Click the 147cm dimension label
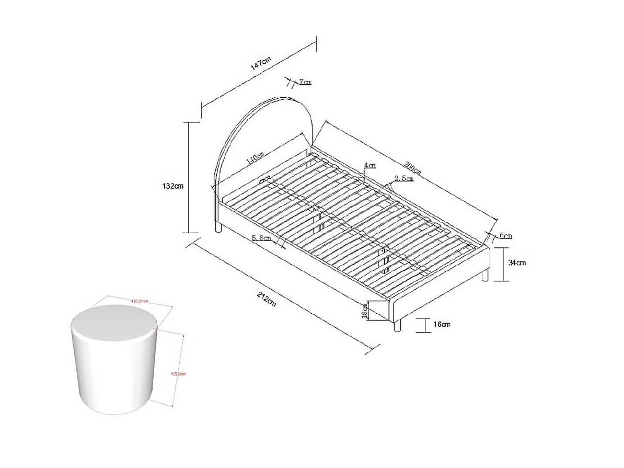[x=260, y=64]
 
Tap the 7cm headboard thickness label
[x=305, y=82]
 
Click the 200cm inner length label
[x=412, y=169]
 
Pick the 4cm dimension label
[x=369, y=166]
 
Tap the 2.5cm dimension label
[x=403, y=178]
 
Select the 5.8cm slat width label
[x=261, y=238]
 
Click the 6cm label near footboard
[x=505, y=236]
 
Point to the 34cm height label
[x=517, y=262]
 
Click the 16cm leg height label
[x=442, y=325]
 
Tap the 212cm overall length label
[x=266, y=300]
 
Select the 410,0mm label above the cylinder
[x=139, y=301]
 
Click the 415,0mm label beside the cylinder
[x=179, y=374]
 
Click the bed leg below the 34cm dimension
[x=486, y=275]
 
